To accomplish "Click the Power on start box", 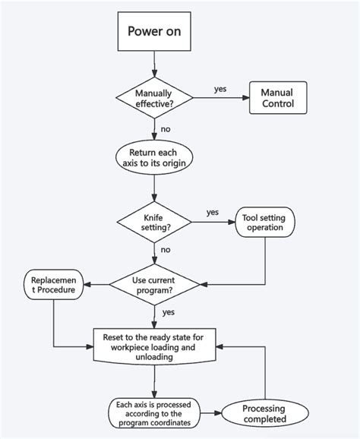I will (154, 32).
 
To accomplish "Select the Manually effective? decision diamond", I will (154, 98).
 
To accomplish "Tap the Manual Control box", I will (278, 97).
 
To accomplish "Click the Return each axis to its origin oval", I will (154, 156).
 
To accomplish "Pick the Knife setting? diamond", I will (154, 221).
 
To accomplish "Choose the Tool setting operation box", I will (264, 223).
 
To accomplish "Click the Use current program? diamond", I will (154, 284).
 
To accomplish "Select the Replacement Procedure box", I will (53, 284).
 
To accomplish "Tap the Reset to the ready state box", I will (154, 345).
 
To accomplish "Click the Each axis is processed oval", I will (154, 412).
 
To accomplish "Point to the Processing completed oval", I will (264, 413).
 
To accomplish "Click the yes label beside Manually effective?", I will (220, 89).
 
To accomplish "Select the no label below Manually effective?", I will (166, 129).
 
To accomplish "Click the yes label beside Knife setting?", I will (213, 213).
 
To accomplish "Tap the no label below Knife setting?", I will (166, 249).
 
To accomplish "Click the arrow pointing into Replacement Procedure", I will (96, 284).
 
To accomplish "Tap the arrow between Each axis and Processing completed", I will (210, 413).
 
